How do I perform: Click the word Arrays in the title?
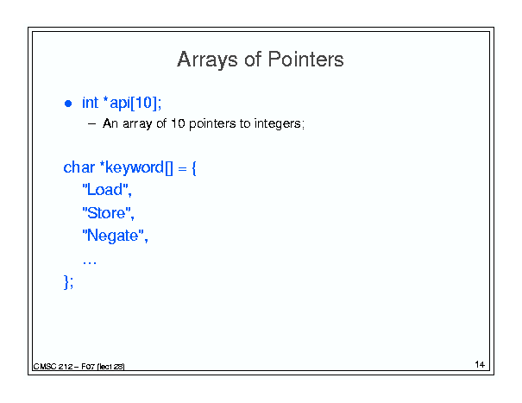coord(207,60)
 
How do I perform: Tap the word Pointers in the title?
coord(305,59)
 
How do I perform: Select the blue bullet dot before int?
coord(68,104)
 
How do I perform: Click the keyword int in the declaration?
coord(91,103)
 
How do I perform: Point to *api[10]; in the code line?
coord(133,104)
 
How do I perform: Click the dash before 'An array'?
coord(91,124)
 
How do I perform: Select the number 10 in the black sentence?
coord(178,123)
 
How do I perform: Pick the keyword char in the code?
coord(79,167)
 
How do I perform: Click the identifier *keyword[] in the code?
coord(136,168)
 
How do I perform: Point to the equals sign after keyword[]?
coord(182,168)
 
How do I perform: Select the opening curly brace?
coord(194,168)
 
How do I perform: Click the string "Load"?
coord(107,190)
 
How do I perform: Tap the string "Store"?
coord(108,213)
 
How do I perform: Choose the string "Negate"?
coord(116,236)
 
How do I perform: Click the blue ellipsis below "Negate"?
coord(89,263)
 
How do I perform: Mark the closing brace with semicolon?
coord(68,282)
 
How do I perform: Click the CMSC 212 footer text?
coord(79,367)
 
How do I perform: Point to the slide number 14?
coord(480,364)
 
